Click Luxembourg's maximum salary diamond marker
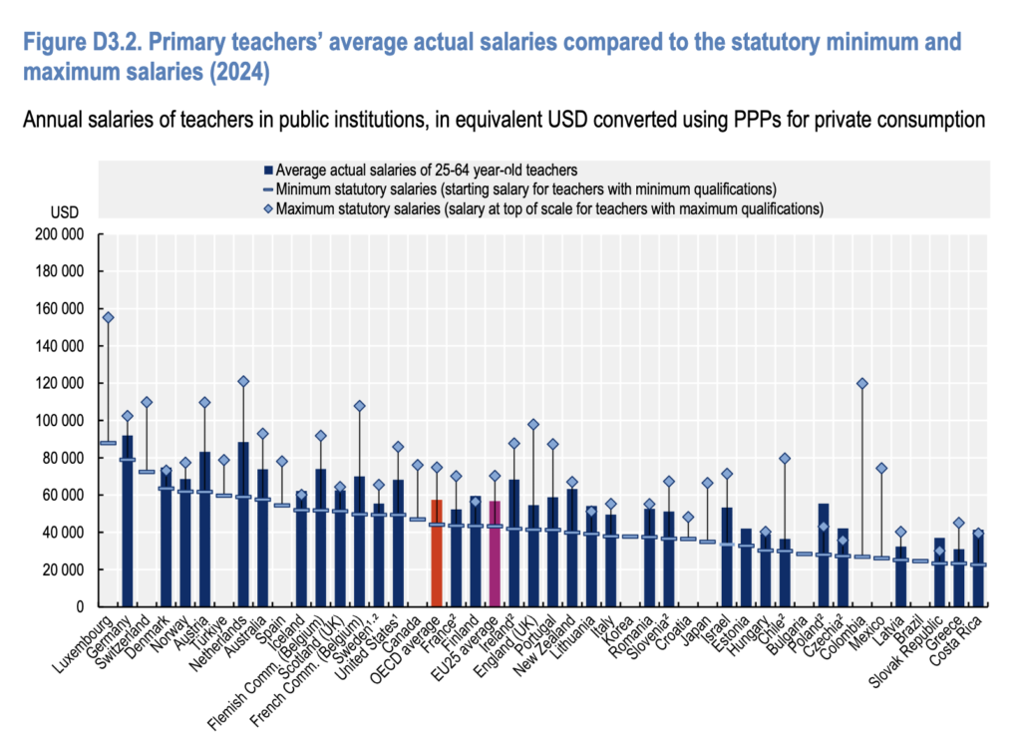click(x=108, y=317)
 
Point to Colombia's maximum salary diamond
click(x=862, y=384)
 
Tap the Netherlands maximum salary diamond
click(x=243, y=381)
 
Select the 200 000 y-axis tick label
click(x=60, y=234)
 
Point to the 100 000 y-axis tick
click(x=60, y=421)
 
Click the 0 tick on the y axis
click(x=80, y=606)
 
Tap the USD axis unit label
click(x=65, y=212)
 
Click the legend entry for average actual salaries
click(x=421, y=170)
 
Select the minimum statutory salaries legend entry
click(x=519, y=189)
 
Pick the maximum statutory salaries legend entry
click(x=543, y=209)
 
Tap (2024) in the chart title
click(x=239, y=71)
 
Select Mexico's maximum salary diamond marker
click(x=881, y=469)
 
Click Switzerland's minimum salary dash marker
click(x=147, y=472)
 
